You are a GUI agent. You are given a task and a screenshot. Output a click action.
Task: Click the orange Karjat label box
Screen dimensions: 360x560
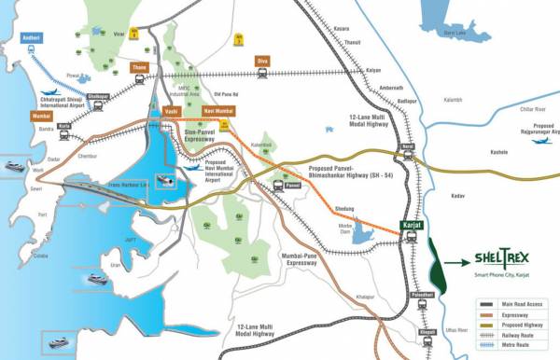pyautogui.click(x=407, y=226)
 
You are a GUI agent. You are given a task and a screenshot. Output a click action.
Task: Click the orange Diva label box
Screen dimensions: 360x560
pyautogui.click(x=263, y=61)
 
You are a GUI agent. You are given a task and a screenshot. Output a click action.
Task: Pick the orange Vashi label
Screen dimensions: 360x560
pyautogui.click(x=170, y=111)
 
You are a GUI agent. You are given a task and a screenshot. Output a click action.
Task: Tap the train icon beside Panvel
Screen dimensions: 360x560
pyautogui.click(x=279, y=185)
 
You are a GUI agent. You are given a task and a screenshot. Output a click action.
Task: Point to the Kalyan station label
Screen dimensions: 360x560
pyautogui.click(x=373, y=70)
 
